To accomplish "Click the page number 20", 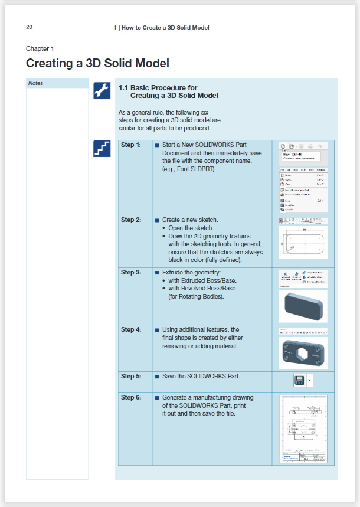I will click(x=29, y=27).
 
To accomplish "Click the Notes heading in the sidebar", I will click(x=36, y=83).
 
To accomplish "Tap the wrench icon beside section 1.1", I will click(x=102, y=90).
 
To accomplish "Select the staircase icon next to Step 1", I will click(x=102, y=148).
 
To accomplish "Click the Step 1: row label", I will click(x=131, y=145).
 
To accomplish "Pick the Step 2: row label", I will click(x=131, y=220).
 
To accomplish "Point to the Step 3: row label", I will click(x=131, y=272).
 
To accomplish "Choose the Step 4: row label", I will click(x=131, y=329).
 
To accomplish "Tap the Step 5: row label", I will click(x=131, y=376).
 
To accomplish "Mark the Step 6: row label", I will click(x=131, y=397).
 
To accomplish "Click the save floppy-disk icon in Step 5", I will click(x=300, y=380).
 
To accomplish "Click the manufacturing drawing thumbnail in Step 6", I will click(x=303, y=429).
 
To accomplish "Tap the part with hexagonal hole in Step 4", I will click(x=303, y=353).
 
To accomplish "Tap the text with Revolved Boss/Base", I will click(x=202, y=288).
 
